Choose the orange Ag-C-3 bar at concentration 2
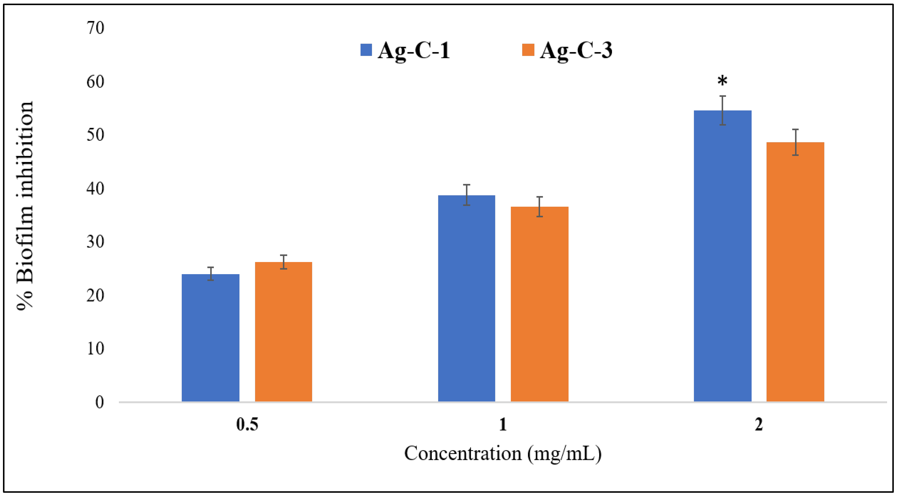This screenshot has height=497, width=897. coord(795,272)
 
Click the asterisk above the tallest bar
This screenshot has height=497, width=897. coord(722,81)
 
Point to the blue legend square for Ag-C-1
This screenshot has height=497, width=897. coord(366,50)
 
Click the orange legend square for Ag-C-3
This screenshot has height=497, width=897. coord(528,50)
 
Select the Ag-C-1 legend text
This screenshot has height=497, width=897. coord(414,50)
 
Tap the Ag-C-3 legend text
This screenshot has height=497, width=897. coord(576,50)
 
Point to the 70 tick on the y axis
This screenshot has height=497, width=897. coord(95,28)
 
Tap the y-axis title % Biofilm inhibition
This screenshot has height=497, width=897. coord(25,205)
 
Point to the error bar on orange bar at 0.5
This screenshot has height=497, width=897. coord(284,262)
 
